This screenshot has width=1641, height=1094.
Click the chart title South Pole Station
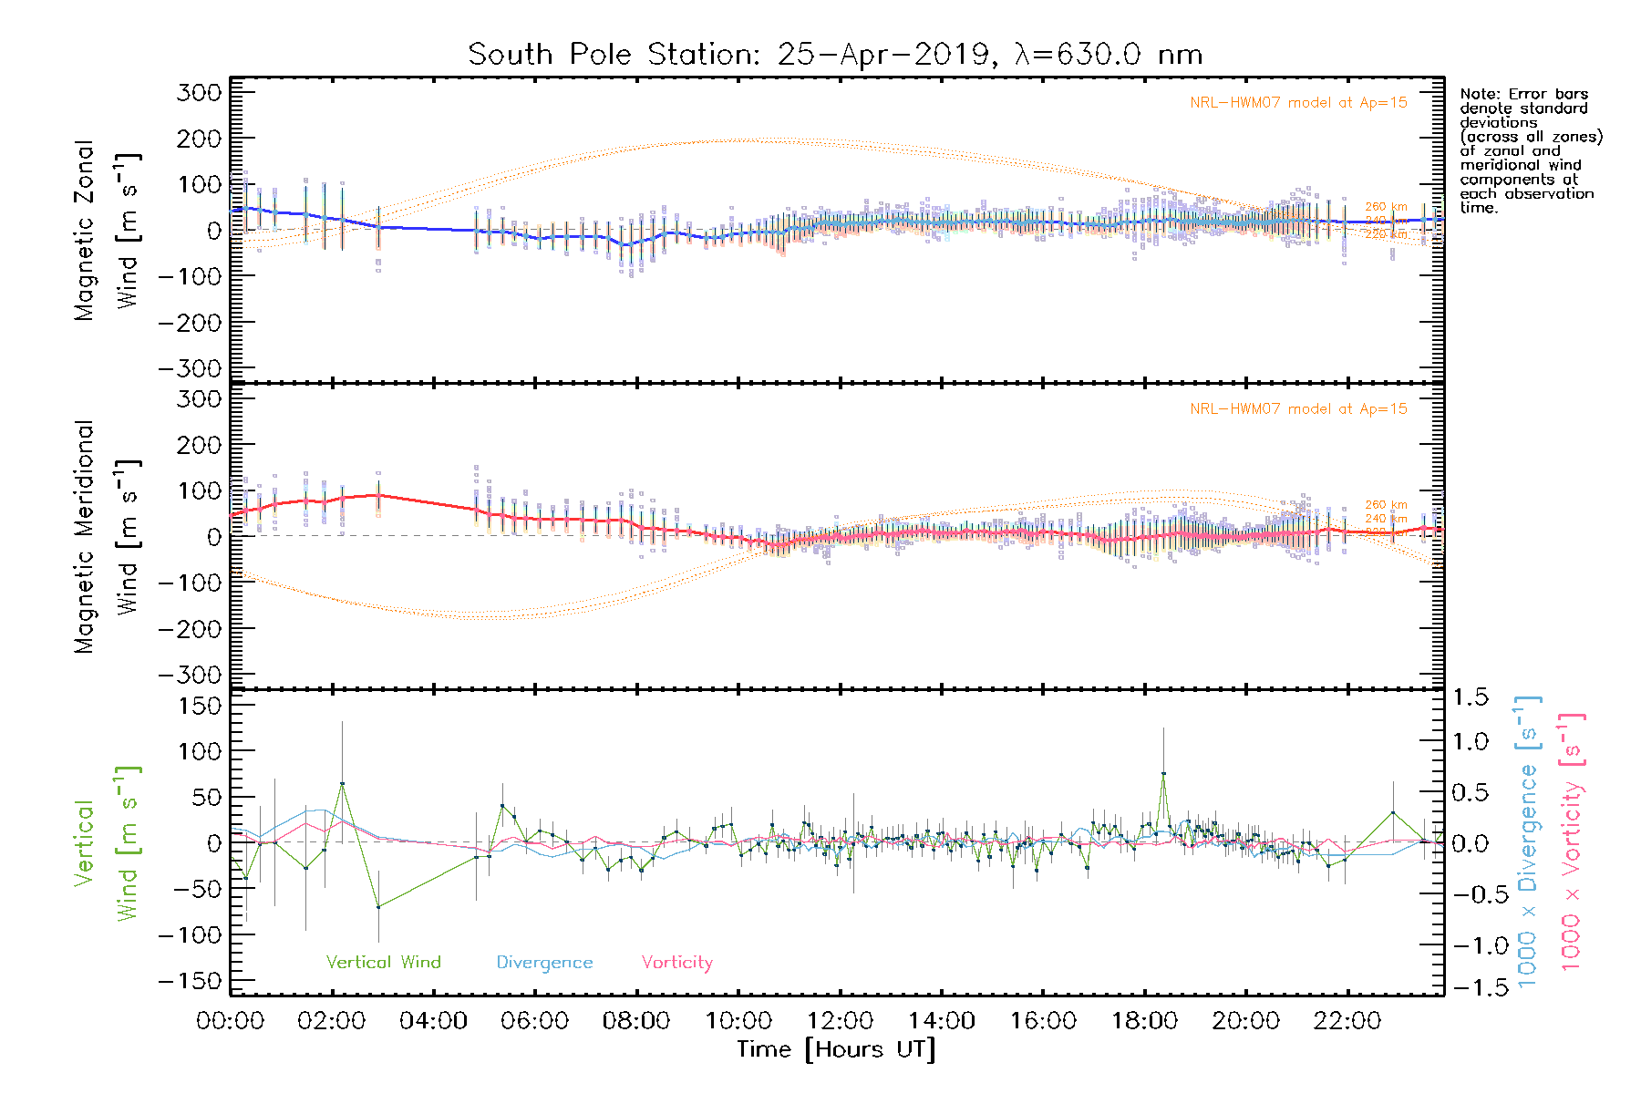click(x=834, y=55)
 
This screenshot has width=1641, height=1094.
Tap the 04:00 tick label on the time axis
click(x=433, y=1021)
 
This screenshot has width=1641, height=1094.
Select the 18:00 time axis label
click(x=1144, y=1021)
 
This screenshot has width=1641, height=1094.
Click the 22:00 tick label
click(x=1347, y=1021)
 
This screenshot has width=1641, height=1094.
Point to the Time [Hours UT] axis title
click(x=836, y=1049)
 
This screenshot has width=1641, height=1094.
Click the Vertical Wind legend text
click(x=383, y=963)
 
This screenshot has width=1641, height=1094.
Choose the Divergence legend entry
click(x=544, y=963)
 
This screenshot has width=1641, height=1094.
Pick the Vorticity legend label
click(x=676, y=963)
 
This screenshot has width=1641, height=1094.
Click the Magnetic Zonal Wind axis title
click(x=108, y=231)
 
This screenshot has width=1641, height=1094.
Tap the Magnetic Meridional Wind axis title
click(x=108, y=537)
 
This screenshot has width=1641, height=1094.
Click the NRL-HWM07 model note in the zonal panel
click(x=1298, y=103)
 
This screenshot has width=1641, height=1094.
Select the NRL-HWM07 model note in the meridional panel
click(x=1298, y=409)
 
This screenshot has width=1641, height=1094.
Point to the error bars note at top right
click(x=1530, y=150)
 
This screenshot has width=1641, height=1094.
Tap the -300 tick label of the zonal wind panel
click(x=189, y=369)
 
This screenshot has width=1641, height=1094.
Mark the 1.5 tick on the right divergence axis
click(x=1471, y=697)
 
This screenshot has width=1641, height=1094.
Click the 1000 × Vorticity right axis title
click(x=1572, y=841)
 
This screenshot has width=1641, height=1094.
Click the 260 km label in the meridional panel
click(x=1386, y=505)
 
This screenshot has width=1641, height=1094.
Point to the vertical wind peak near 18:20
click(x=1163, y=773)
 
